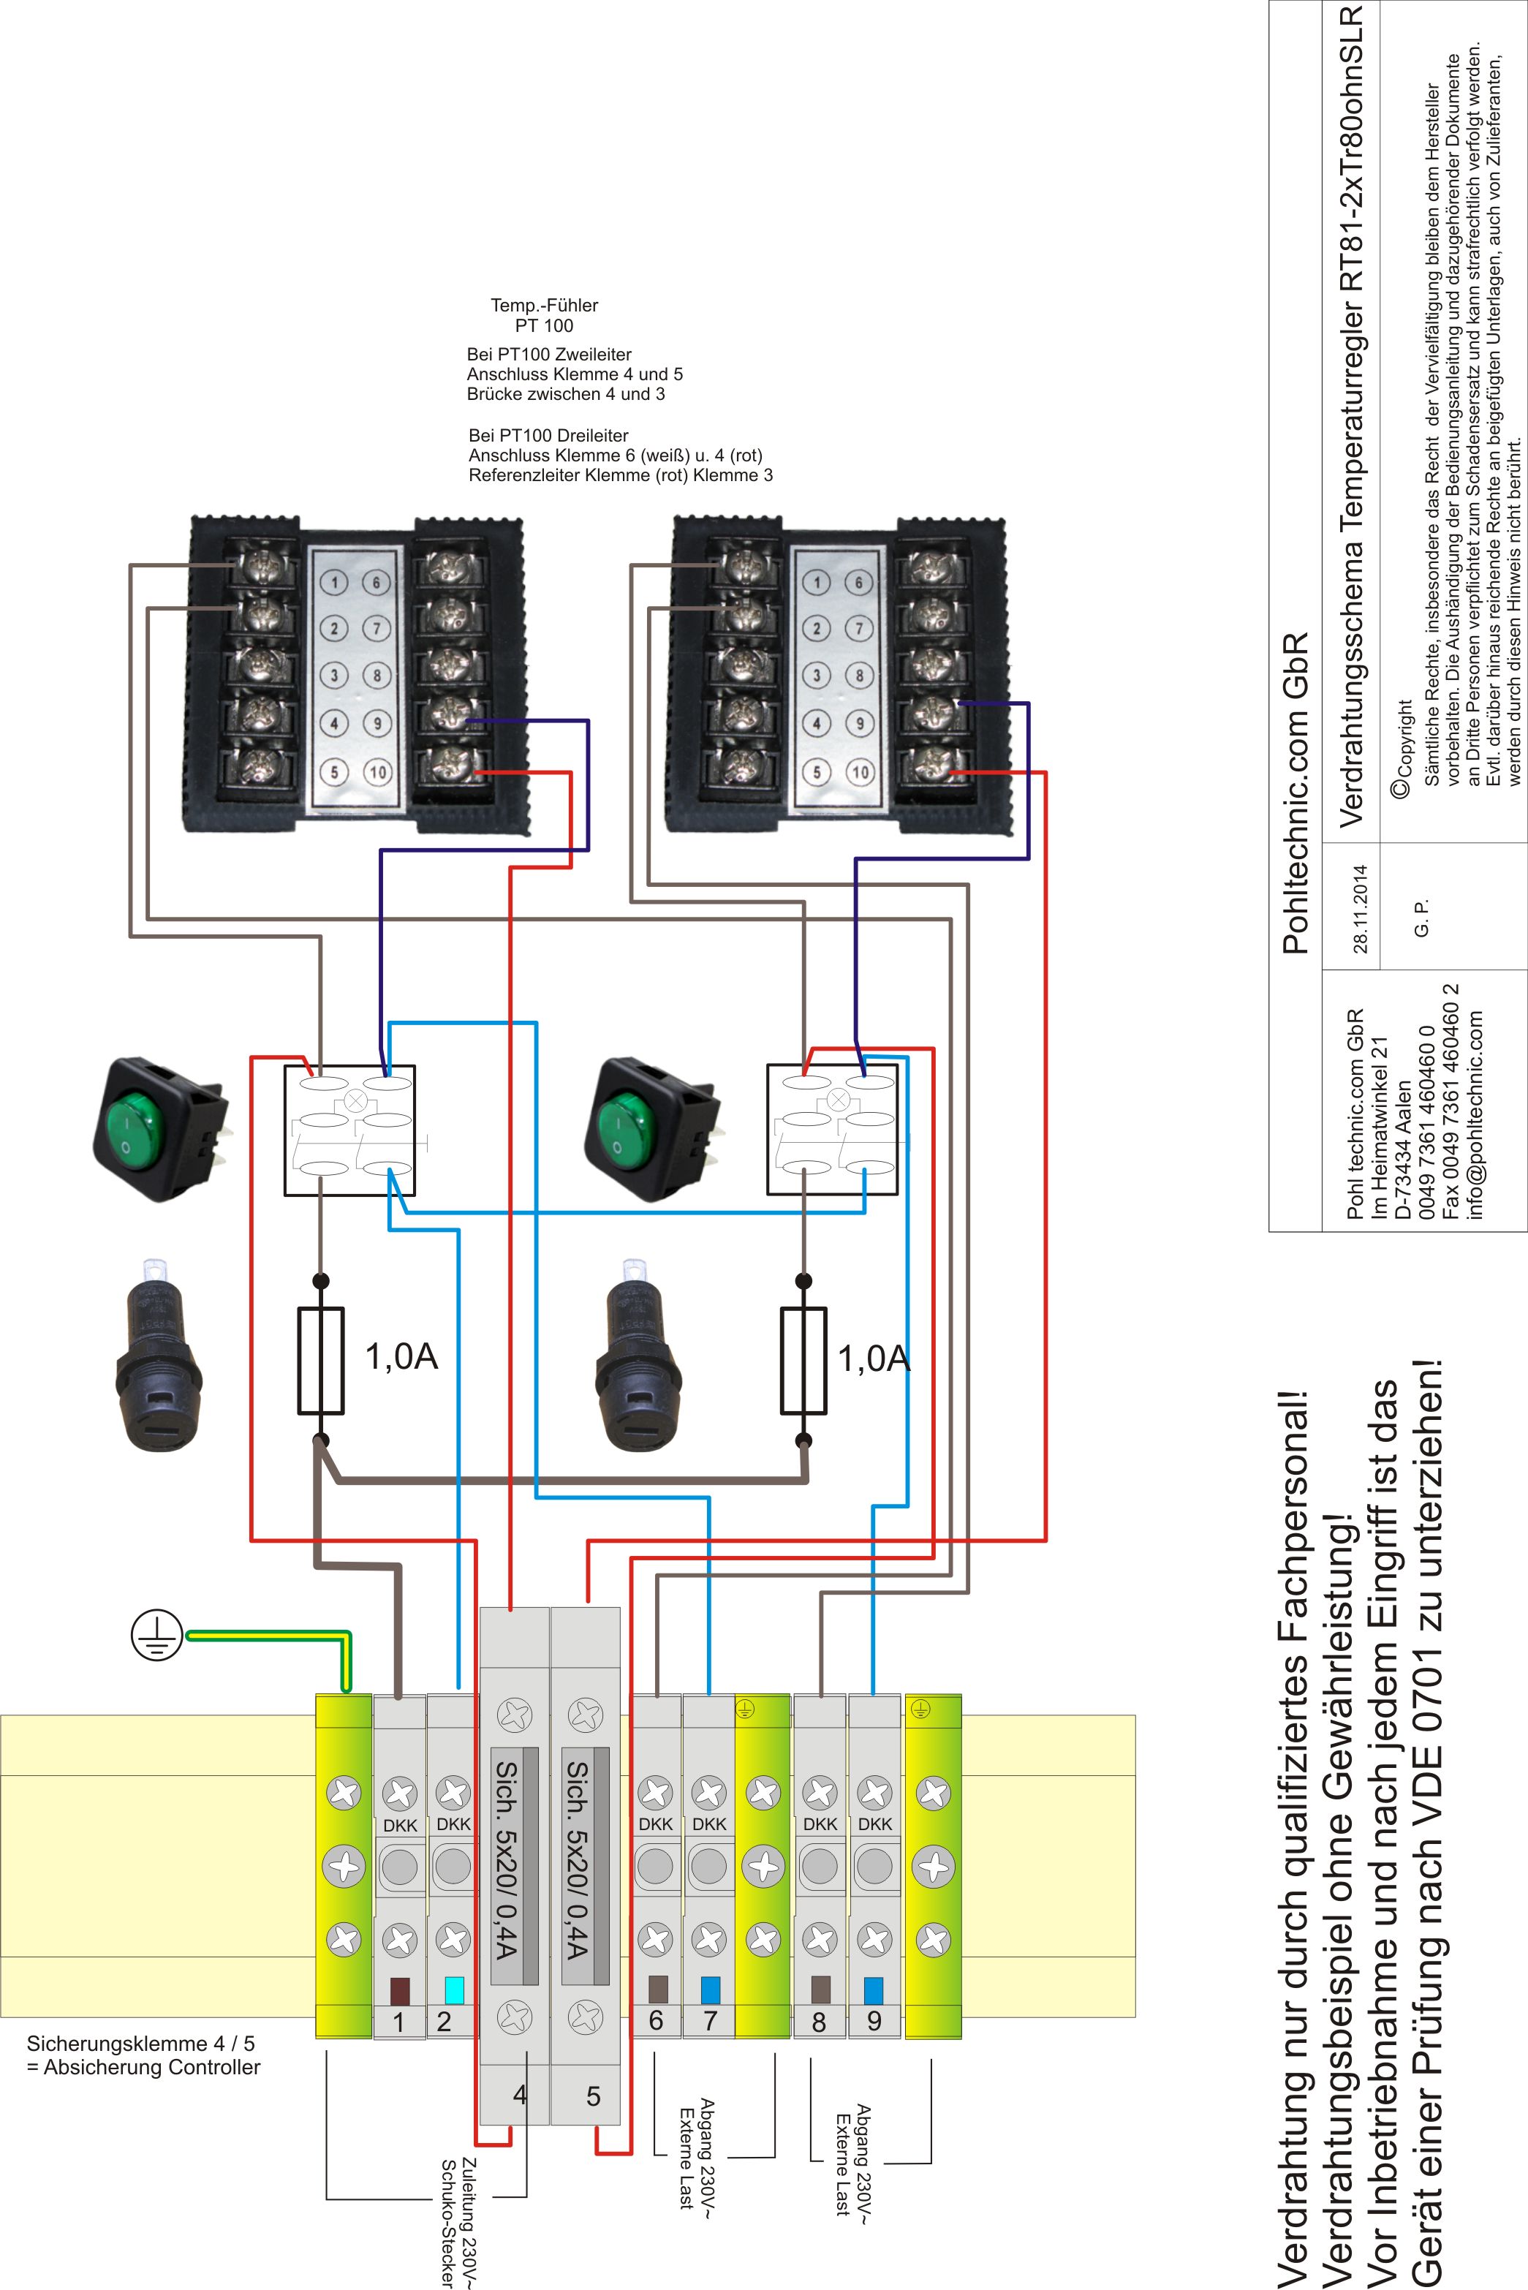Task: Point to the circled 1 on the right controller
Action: [x=817, y=583]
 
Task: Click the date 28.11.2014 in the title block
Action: [x=1361, y=908]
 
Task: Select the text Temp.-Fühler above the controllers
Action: [x=544, y=305]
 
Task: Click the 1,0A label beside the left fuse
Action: [x=401, y=1356]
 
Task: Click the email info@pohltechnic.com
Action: [x=1475, y=1113]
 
